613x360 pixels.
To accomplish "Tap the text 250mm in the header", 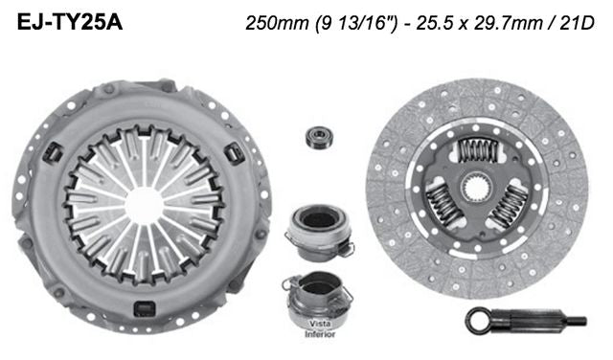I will click(x=271, y=20).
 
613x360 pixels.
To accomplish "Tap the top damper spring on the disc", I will click(x=479, y=148).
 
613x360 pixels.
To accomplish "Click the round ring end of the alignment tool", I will click(x=480, y=319).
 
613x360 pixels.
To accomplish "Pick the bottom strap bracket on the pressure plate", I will click(x=144, y=308).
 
